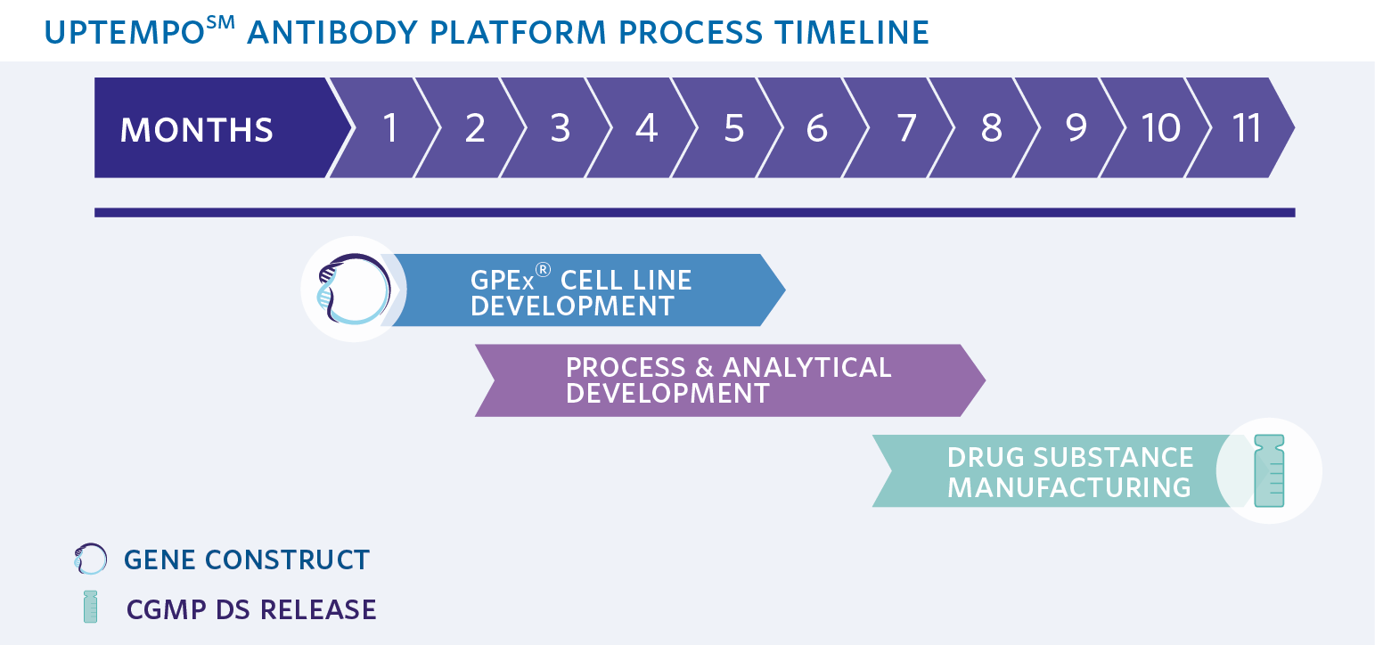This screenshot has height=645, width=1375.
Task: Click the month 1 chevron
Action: click(389, 128)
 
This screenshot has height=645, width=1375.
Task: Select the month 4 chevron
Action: click(646, 128)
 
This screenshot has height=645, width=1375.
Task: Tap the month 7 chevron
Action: click(905, 128)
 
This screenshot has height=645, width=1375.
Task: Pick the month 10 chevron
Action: click(1161, 128)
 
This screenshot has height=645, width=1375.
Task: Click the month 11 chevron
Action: click(1247, 128)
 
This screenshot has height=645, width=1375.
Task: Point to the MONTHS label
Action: click(197, 130)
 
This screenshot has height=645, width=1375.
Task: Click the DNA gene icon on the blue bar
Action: click(354, 290)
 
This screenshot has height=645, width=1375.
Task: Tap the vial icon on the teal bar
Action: click(1269, 470)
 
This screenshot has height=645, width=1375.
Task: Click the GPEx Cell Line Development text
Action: click(581, 292)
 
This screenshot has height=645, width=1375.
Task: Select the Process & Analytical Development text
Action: click(728, 380)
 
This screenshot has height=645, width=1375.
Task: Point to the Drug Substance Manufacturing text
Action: click(1069, 471)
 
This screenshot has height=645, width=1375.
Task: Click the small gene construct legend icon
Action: click(91, 559)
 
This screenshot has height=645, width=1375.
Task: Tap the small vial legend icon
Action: click(90, 607)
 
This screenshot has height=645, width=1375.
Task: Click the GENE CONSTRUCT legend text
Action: click(247, 559)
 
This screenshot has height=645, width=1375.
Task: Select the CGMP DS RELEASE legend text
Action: click(251, 609)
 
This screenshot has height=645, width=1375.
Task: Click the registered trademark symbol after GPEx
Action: click(543, 271)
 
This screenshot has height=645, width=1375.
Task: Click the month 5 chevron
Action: click(733, 128)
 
